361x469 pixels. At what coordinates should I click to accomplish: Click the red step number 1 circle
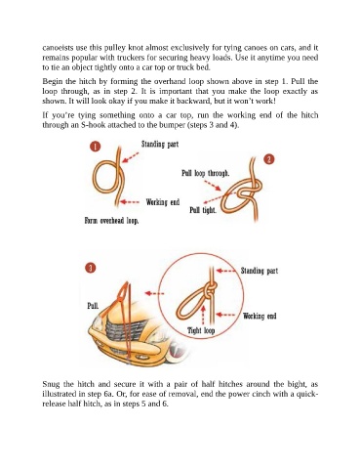coord(95,147)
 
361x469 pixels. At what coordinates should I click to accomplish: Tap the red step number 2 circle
coord(269,159)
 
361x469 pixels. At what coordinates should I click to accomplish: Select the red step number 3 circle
coord(91,268)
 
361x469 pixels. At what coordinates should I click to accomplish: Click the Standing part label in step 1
coord(160,144)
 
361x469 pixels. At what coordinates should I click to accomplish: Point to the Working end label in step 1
coord(163,202)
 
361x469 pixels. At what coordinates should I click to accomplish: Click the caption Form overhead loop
coord(111,221)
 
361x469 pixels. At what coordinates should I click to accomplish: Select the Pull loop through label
coord(205,173)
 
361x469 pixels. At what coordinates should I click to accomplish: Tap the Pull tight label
coord(203,210)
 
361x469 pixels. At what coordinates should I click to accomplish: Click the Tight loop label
coord(201,330)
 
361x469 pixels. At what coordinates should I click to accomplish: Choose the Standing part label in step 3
coord(260,271)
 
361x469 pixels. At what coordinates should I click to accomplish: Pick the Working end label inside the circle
coord(260,316)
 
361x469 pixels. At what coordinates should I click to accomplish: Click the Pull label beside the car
coord(93,306)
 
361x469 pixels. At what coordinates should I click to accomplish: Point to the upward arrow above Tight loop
coord(204,315)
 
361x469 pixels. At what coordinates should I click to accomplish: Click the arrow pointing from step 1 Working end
coord(130,202)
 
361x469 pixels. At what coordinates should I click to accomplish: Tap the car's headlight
coord(98,322)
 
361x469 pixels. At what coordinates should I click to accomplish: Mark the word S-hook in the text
coord(93,125)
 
